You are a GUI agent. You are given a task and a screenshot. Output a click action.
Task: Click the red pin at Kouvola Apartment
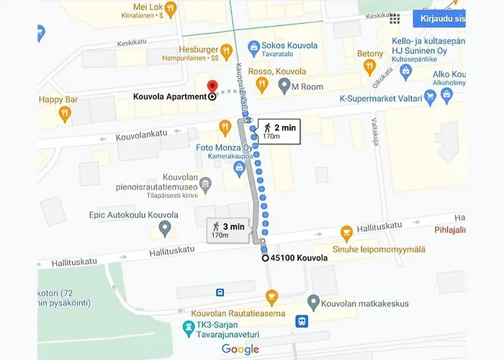coord(212,86)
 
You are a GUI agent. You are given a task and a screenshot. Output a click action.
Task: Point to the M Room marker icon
coord(284,86)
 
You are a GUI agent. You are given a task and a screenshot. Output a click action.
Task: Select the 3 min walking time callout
coord(229,229)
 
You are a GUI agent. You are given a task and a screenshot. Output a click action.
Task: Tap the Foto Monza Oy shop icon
coord(239,168)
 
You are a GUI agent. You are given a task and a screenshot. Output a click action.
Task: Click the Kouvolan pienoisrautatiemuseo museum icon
coord(206,185)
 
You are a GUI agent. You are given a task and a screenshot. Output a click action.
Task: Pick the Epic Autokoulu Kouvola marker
coord(164,229)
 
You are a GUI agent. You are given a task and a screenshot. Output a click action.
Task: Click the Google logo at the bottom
coord(240,349)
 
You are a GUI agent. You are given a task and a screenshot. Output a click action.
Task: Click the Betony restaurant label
coord(370,54)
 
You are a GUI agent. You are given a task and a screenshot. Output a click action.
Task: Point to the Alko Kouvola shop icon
coord(448,94)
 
